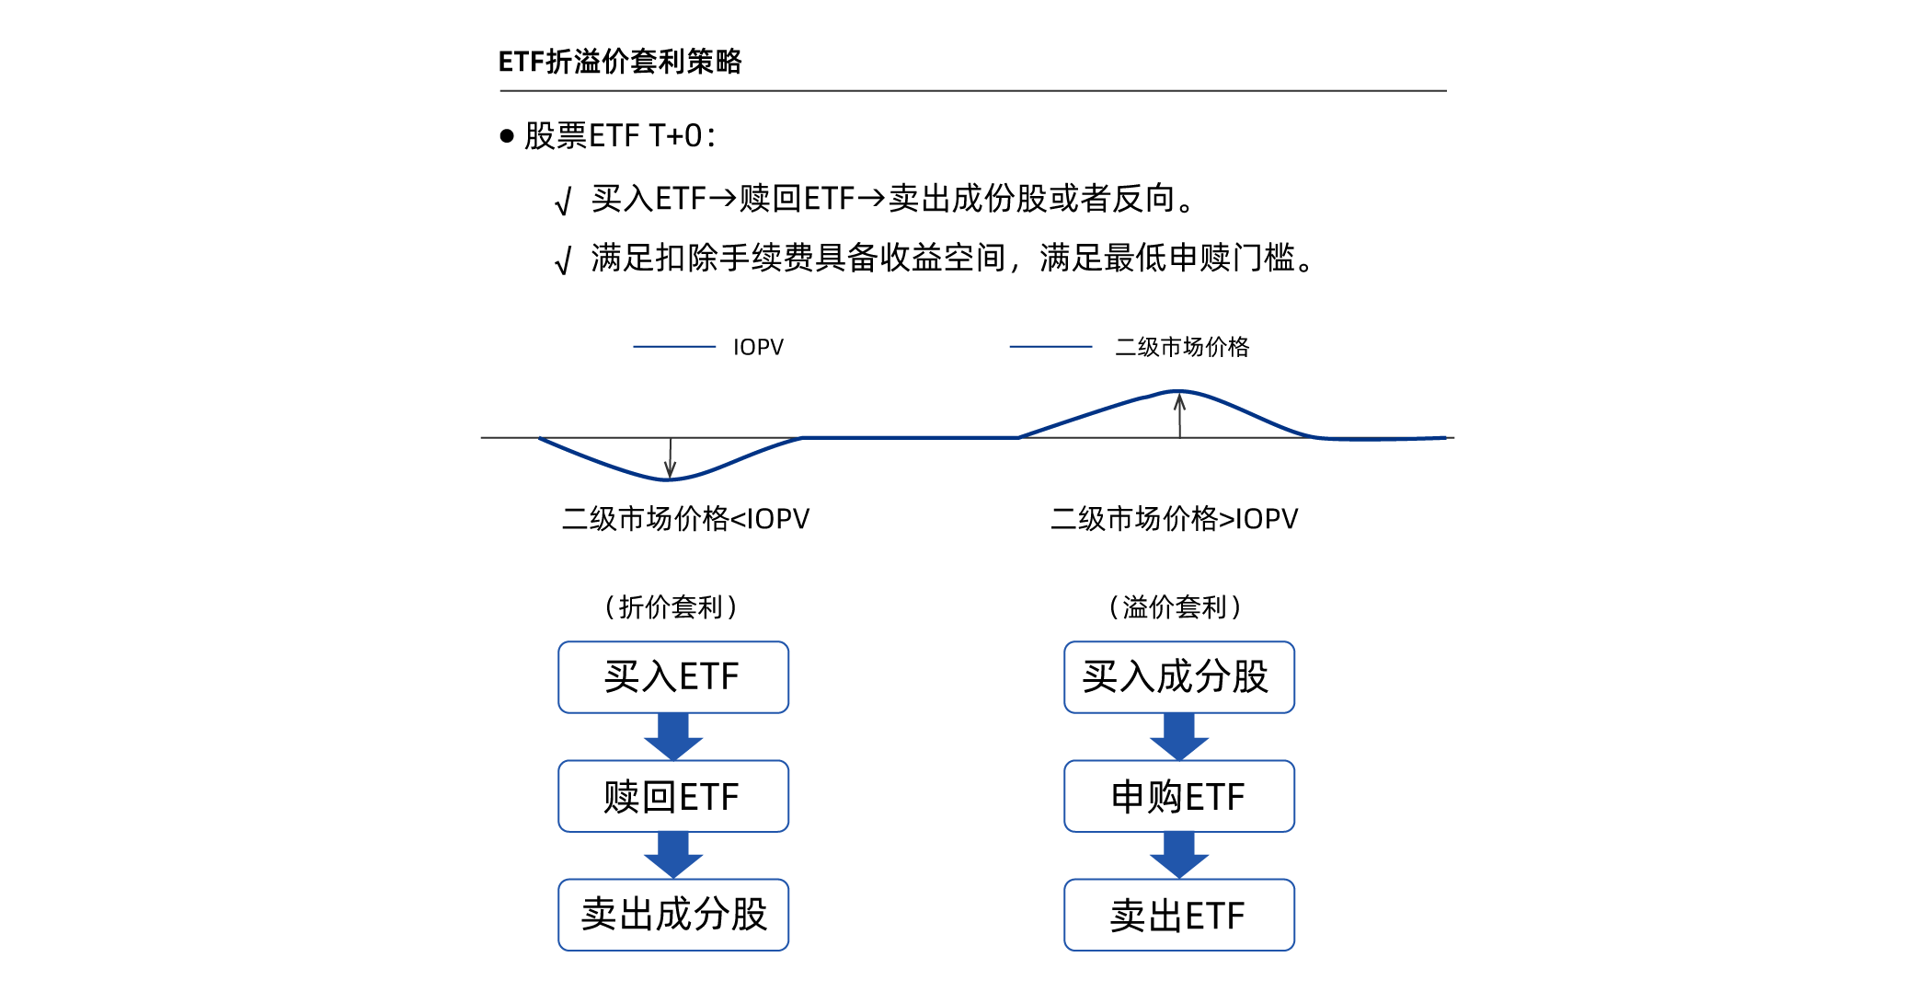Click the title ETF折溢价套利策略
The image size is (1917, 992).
tap(620, 62)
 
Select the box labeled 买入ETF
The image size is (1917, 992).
tap(673, 677)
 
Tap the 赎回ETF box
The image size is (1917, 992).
tap(673, 796)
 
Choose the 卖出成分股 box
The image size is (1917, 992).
tap(673, 915)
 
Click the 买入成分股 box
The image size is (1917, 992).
tap(1179, 677)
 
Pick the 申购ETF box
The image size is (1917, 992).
tap(1179, 796)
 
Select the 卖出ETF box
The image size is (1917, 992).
tap(1179, 915)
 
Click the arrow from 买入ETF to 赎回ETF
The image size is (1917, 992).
tap(673, 736)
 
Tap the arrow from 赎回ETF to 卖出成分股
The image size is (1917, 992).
tap(673, 855)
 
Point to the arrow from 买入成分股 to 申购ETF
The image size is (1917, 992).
tap(1179, 736)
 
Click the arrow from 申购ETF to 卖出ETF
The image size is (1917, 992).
tap(1179, 855)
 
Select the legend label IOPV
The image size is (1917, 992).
tap(758, 347)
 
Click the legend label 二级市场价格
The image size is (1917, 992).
tap(1182, 347)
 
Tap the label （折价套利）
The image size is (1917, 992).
tap(672, 607)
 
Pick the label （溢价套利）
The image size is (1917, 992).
tap(1176, 607)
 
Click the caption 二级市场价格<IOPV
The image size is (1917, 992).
tap(685, 519)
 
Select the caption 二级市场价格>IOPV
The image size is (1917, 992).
tap(1174, 519)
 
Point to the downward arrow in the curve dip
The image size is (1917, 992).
tap(670, 457)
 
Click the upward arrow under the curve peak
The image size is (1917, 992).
tap(1179, 416)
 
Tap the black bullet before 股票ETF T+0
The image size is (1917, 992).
tap(507, 136)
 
